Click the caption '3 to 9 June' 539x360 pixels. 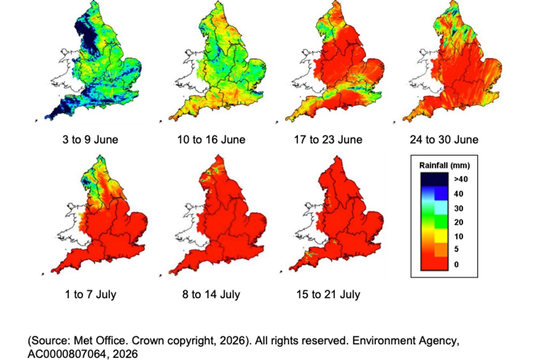[90, 140]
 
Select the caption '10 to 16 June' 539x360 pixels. [211, 140]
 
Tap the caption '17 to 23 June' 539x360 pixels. [328, 140]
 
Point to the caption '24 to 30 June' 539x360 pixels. [444, 140]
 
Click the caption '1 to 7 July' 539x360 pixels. [91, 294]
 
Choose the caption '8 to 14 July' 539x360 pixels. [211, 294]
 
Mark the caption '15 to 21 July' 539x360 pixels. [328, 294]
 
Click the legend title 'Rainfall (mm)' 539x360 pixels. [444, 165]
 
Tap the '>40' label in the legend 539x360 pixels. [461, 179]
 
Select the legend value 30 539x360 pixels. [459, 208]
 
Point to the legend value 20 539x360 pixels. [459, 222]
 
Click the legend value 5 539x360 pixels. [456, 249]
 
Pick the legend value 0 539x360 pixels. [456, 264]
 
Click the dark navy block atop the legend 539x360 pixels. [434, 179]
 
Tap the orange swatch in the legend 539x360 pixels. [441, 250]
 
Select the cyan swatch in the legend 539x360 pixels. [441, 207]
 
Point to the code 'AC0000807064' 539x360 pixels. [67, 354]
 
